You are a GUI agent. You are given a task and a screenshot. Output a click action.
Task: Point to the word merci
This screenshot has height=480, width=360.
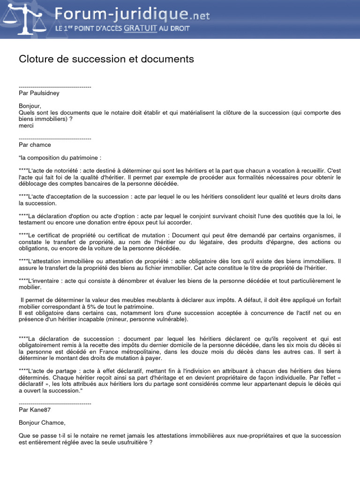click(26, 126)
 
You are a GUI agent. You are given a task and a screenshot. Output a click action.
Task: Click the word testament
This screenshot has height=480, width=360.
click(34, 223)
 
